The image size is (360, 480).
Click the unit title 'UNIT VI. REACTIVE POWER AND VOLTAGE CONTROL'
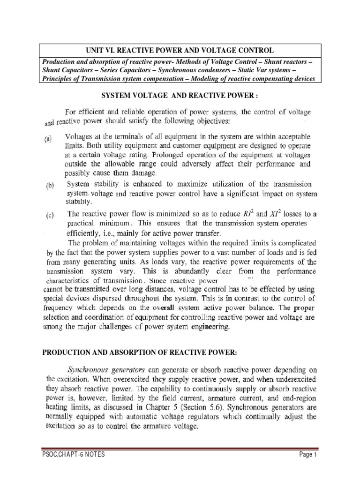pos(180,50)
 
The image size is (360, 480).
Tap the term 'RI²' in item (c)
pos(247,214)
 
